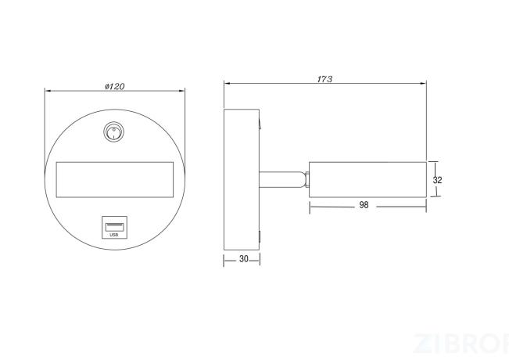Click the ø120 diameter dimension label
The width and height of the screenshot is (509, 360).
[115, 86]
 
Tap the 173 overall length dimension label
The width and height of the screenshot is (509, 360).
[324, 79]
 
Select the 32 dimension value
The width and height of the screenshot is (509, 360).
[437, 180]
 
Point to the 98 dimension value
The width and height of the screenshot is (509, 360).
[364, 205]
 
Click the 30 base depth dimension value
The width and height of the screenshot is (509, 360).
[243, 259]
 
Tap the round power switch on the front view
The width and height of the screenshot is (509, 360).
[113, 131]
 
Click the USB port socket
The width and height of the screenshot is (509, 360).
[114, 227]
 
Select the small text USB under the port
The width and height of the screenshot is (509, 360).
[114, 235]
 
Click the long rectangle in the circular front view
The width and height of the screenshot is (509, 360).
[115, 180]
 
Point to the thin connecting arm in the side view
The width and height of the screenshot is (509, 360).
[282, 180]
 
